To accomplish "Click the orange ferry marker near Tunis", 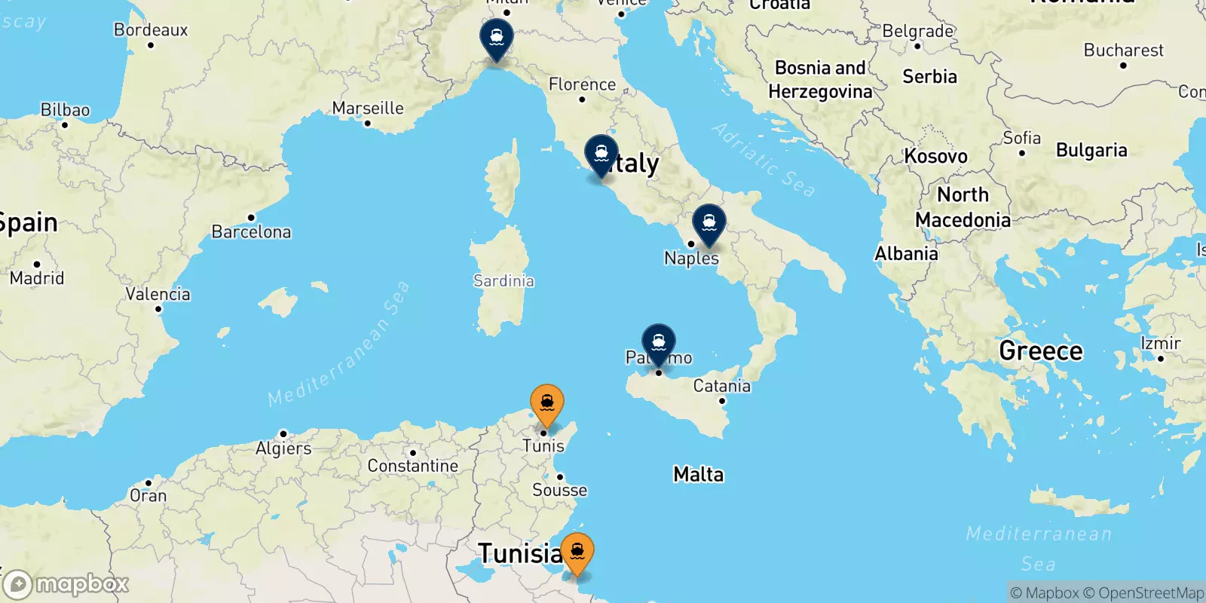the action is pyautogui.click(x=546, y=403).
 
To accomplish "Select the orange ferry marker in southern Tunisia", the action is pyautogui.click(x=577, y=551).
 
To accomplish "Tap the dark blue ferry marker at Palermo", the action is pyautogui.click(x=658, y=342).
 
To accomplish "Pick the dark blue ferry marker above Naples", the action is pyautogui.click(x=709, y=223).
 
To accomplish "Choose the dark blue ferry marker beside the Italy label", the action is pyautogui.click(x=601, y=154).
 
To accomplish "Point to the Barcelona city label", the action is pyautogui.click(x=251, y=231).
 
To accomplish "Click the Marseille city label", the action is pyautogui.click(x=368, y=108).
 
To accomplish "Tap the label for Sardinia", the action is pyautogui.click(x=504, y=280).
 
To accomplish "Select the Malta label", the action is pyautogui.click(x=698, y=474).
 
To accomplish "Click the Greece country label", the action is pyautogui.click(x=1040, y=350).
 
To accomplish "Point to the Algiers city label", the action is pyautogui.click(x=283, y=448).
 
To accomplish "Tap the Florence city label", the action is pyautogui.click(x=582, y=84).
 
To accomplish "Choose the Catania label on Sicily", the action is pyautogui.click(x=721, y=386).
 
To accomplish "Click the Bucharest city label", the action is pyautogui.click(x=1123, y=51).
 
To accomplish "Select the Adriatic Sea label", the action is pyautogui.click(x=763, y=159).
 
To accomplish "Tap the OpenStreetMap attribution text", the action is pyautogui.click(x=1151, y=593).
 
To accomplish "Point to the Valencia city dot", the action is pyautogui.click(x=158, y=309).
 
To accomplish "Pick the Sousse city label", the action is pyautogui.click(x=559, y=490).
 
